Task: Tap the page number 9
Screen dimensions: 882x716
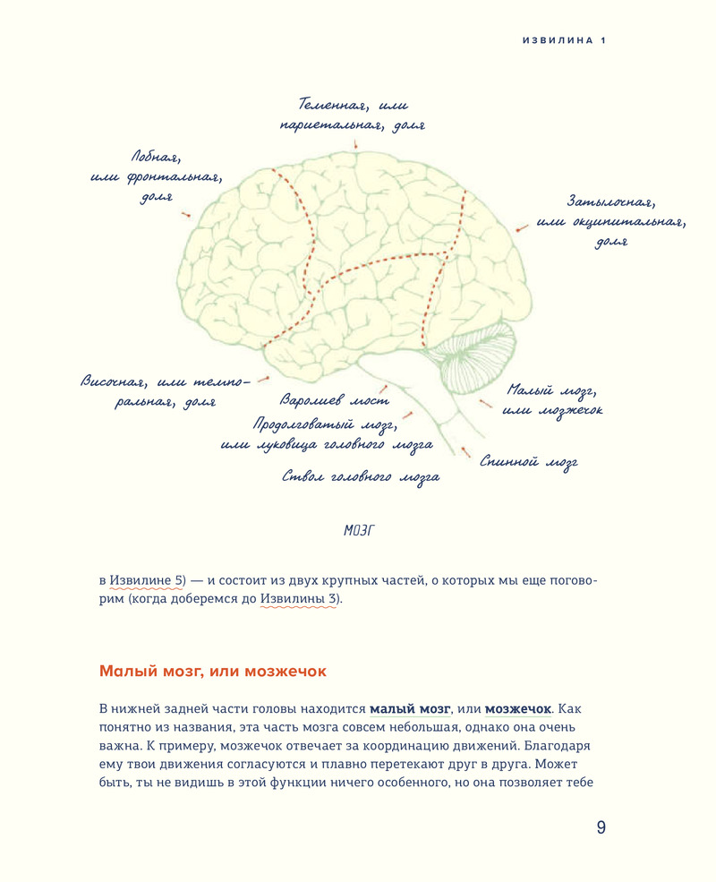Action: coord(601,827)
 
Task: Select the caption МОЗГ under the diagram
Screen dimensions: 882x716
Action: coord(358,531)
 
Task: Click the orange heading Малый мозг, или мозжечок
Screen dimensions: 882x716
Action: coord(213,671)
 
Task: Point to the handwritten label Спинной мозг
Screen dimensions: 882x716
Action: coord(528,462)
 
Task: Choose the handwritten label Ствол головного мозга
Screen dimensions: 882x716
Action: coord(360,477)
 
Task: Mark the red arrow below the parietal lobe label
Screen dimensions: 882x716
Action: coord(355,144)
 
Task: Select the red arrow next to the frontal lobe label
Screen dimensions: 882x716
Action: coord(185,214)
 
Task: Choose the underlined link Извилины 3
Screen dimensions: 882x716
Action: coord(300,599)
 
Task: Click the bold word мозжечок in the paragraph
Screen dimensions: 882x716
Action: coord(518,708)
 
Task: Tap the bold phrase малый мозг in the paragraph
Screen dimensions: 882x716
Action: coord(410,708)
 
